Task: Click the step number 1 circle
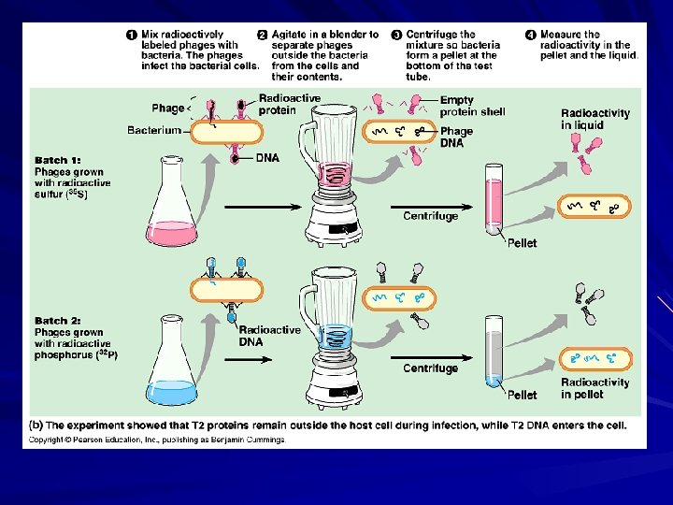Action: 132,35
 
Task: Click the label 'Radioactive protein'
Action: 289,104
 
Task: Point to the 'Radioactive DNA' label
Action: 269,336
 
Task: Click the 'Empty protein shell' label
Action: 472,106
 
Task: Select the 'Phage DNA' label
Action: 457,137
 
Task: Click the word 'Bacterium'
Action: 154,130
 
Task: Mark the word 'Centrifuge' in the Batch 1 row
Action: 431,216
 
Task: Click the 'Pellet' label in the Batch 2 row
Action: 522,396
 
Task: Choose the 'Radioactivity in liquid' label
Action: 595,119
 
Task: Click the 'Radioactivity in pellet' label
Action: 595,388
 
